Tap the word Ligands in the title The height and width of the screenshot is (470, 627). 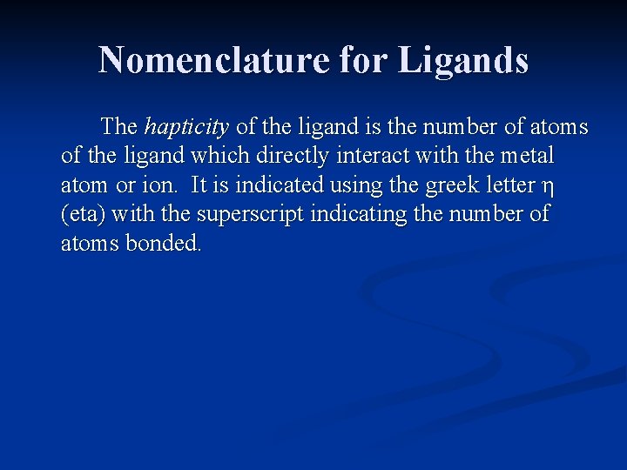[x=463, y=61]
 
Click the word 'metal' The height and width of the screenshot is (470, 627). [x=526, y=156]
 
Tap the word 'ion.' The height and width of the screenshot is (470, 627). [x=157, y=185]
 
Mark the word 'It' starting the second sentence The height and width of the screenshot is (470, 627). [x=199, y=185]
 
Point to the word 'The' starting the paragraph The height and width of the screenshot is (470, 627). [x=119, y=127]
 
